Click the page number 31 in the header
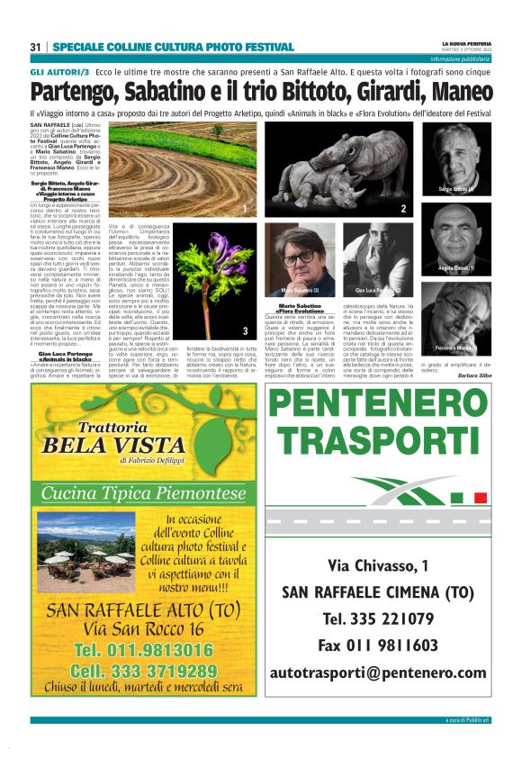click(35, 46)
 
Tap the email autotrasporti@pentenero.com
click(377, 672)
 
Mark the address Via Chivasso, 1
click(377, 565)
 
